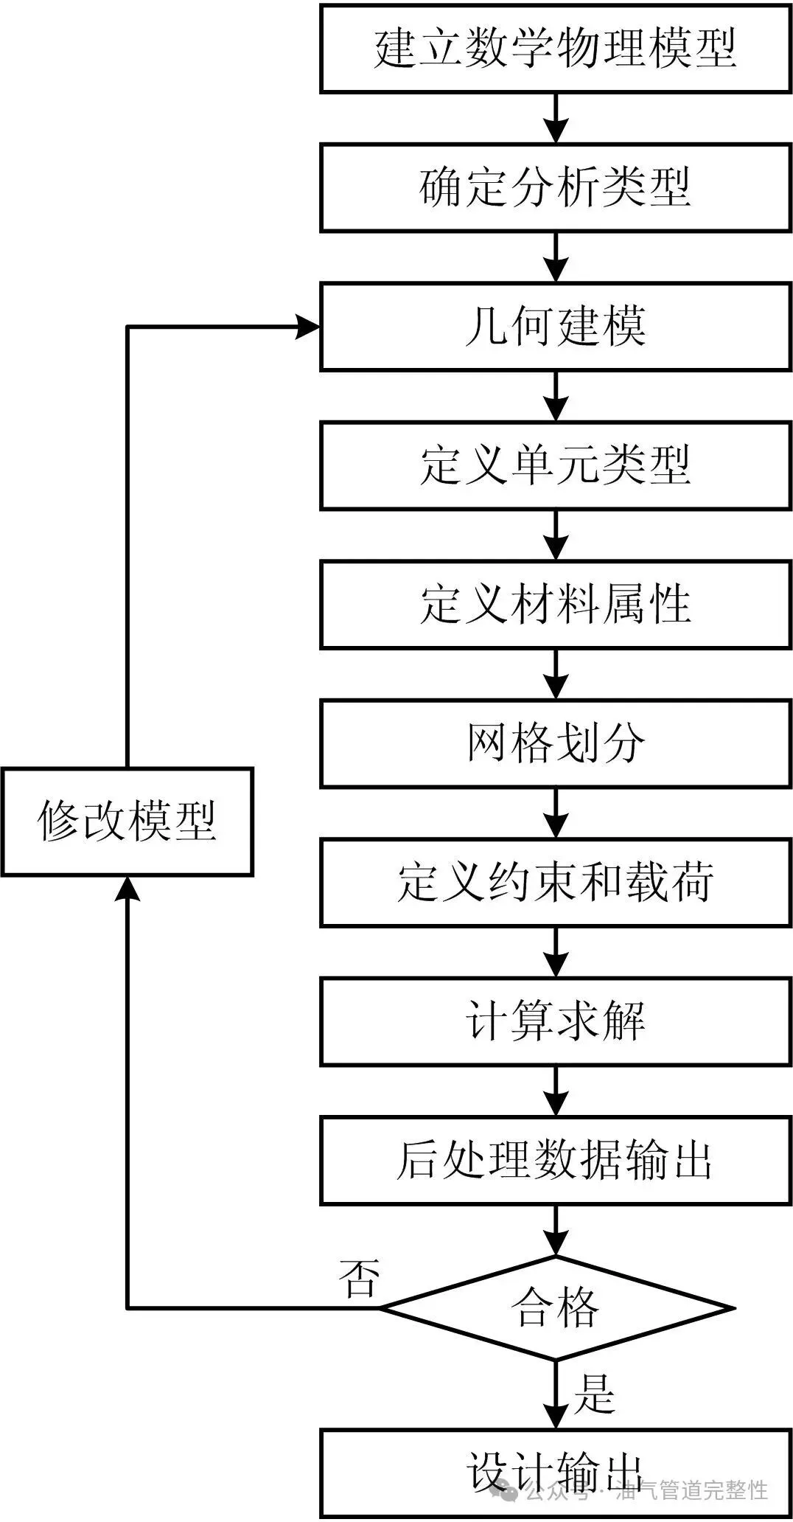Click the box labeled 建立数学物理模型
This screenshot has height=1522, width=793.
[555, 49]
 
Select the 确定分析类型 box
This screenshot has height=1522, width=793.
[555, 187]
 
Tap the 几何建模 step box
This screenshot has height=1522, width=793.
[555, 327]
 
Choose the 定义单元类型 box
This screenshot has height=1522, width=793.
[555, 465]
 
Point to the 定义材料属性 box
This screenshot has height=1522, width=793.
[555, 605]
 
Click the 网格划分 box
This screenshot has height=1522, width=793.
[555, 743]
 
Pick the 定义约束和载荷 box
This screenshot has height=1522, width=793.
[555, 883]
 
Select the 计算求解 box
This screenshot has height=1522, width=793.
[555, 1021]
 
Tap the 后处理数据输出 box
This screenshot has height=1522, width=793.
[555, 1161]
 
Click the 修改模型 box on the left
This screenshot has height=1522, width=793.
[127, 821]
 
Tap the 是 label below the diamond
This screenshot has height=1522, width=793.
[594, 1393]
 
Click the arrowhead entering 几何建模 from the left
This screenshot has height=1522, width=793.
[308, 327]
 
